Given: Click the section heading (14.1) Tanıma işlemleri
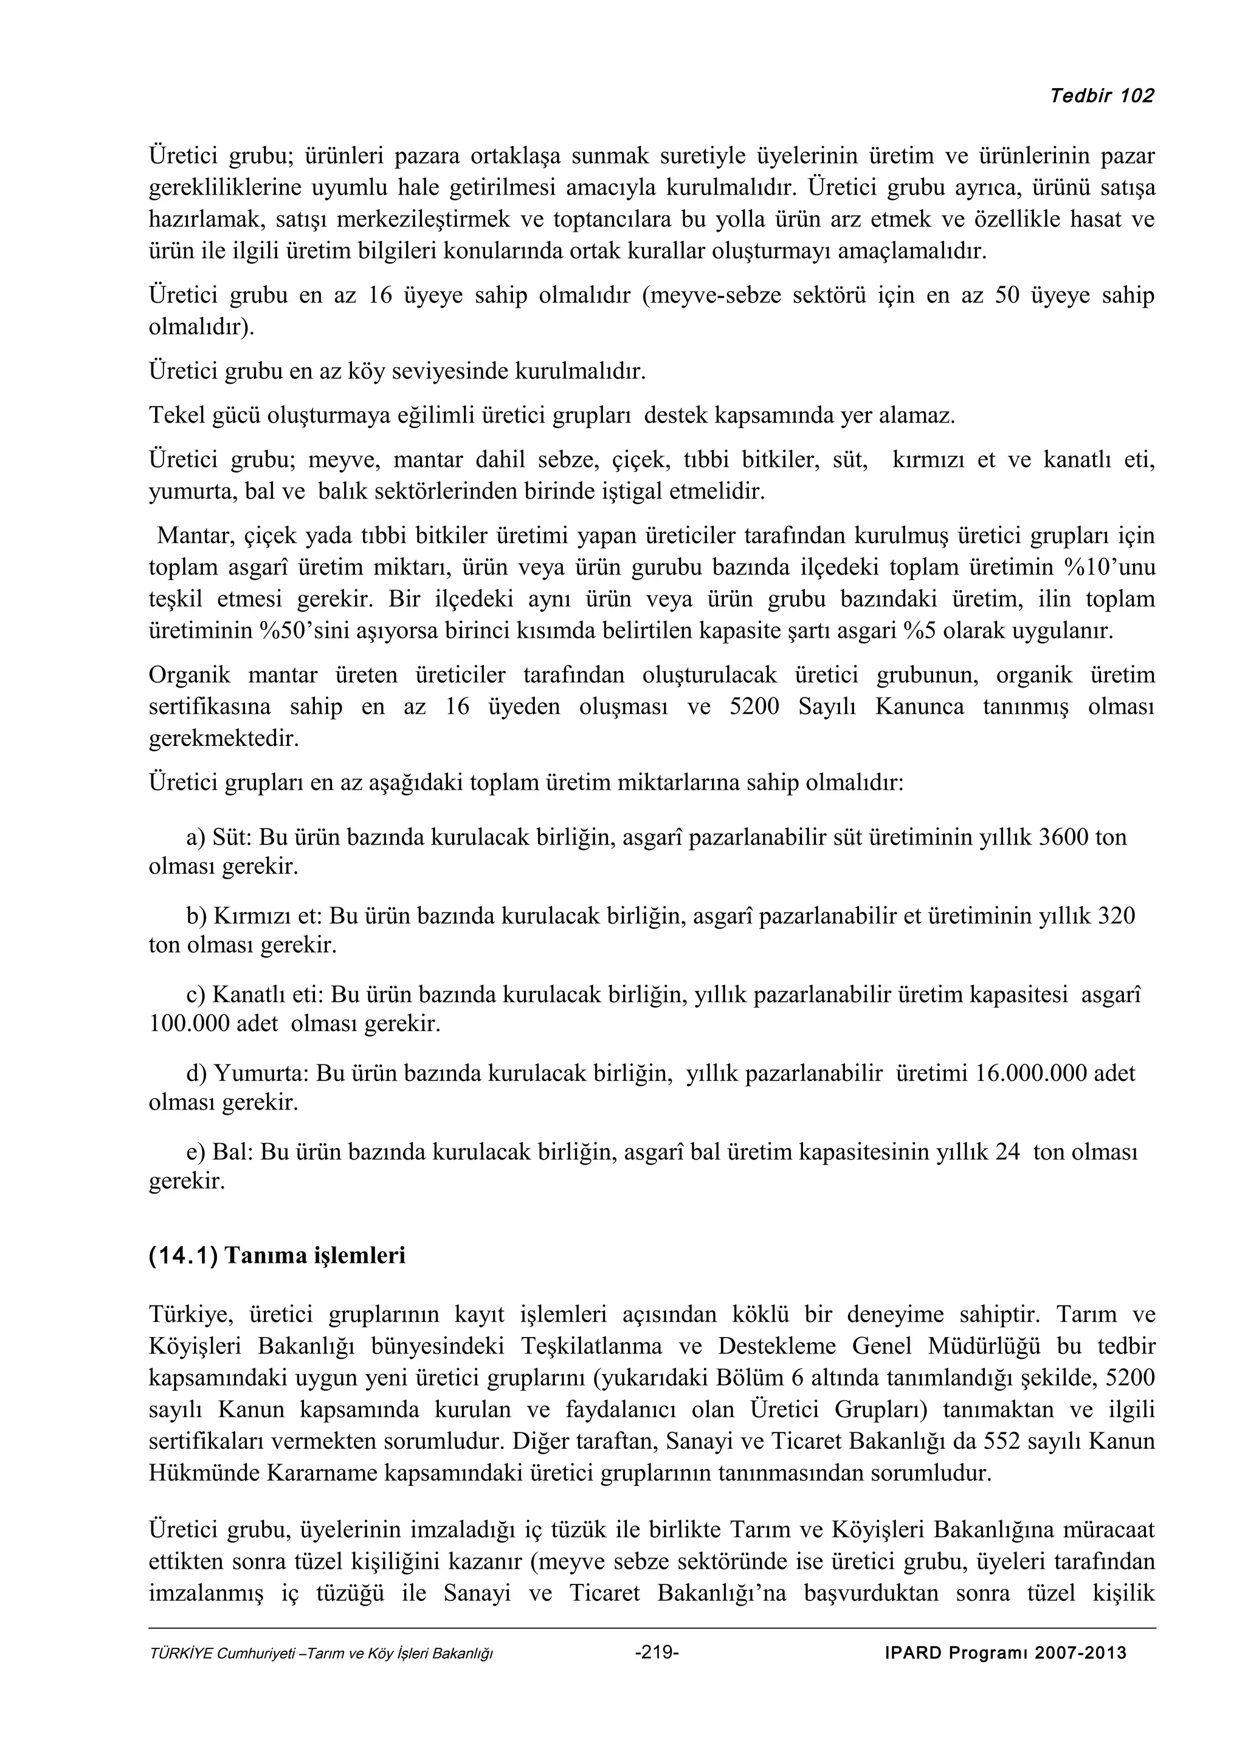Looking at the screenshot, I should point(276,1256).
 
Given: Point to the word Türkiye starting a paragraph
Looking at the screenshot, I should point(190,1315).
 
